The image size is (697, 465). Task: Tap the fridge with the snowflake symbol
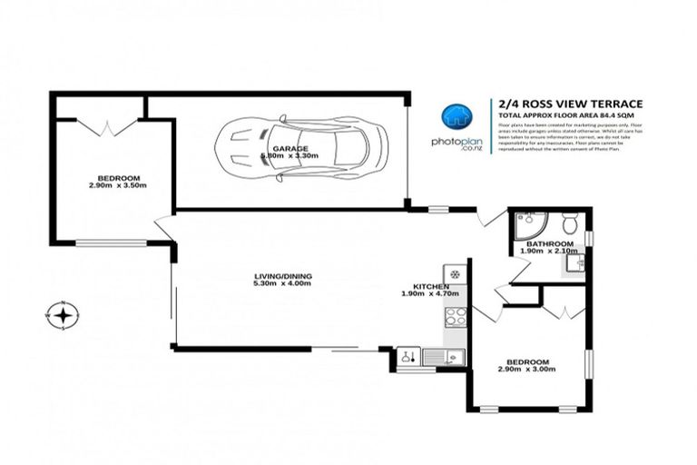coord(454,272)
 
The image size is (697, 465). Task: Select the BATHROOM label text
coord(550,243)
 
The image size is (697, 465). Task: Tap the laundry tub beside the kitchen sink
coord(408,358)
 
